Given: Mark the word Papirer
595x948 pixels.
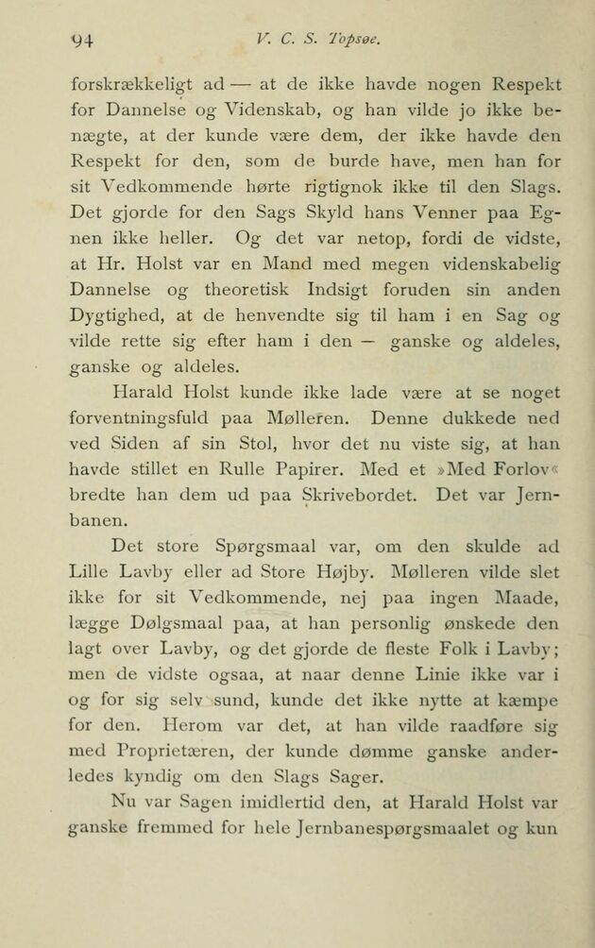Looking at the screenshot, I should pos(317,466).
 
